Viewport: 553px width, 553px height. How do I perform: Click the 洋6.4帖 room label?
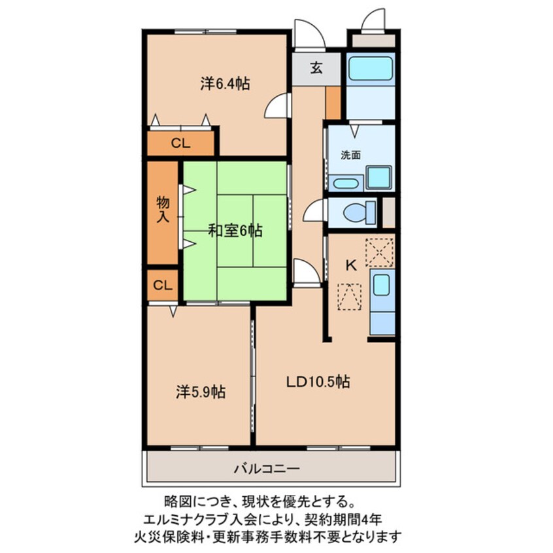(224, 84)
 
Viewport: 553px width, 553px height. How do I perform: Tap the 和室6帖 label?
(235, 231)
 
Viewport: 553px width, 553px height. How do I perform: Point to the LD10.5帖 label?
(318, 382)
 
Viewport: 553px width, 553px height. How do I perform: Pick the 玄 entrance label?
(316, 67)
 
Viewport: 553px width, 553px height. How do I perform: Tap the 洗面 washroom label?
(350, 156)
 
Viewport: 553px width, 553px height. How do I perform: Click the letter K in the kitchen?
(350, 265)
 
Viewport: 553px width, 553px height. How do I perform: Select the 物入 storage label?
(163, 209)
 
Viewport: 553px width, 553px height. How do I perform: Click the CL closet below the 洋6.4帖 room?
(180, 144)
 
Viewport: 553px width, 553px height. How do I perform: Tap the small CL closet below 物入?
(163, 285)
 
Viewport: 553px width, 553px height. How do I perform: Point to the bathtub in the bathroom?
(370, 68)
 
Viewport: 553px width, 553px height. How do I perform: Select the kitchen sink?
(382, 284)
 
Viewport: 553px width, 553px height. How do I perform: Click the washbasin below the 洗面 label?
(344, 183)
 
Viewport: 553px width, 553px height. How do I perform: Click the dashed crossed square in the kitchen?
(380, 252)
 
